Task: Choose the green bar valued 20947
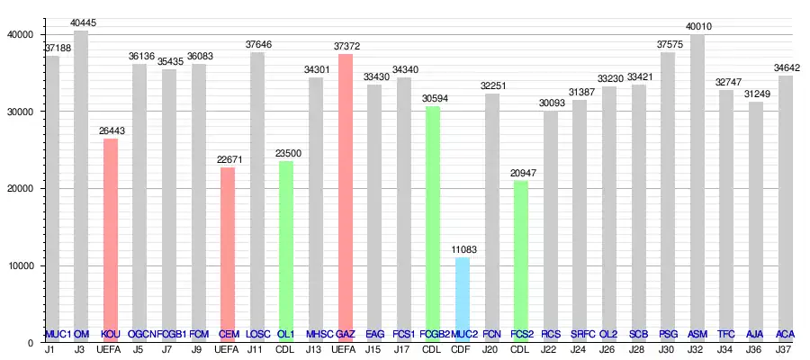point(520,261)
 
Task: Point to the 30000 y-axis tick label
point(19,112)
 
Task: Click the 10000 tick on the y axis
point(19,265)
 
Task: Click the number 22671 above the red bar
point(228,160)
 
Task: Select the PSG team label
point(667,334)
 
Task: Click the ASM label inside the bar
point(697,334)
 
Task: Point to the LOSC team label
point(257,334)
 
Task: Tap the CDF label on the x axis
point(462,349)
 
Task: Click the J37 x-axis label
point(785,349)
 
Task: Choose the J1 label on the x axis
point(51,349)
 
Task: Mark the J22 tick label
point(550,349)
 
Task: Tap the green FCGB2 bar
point(433,224)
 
